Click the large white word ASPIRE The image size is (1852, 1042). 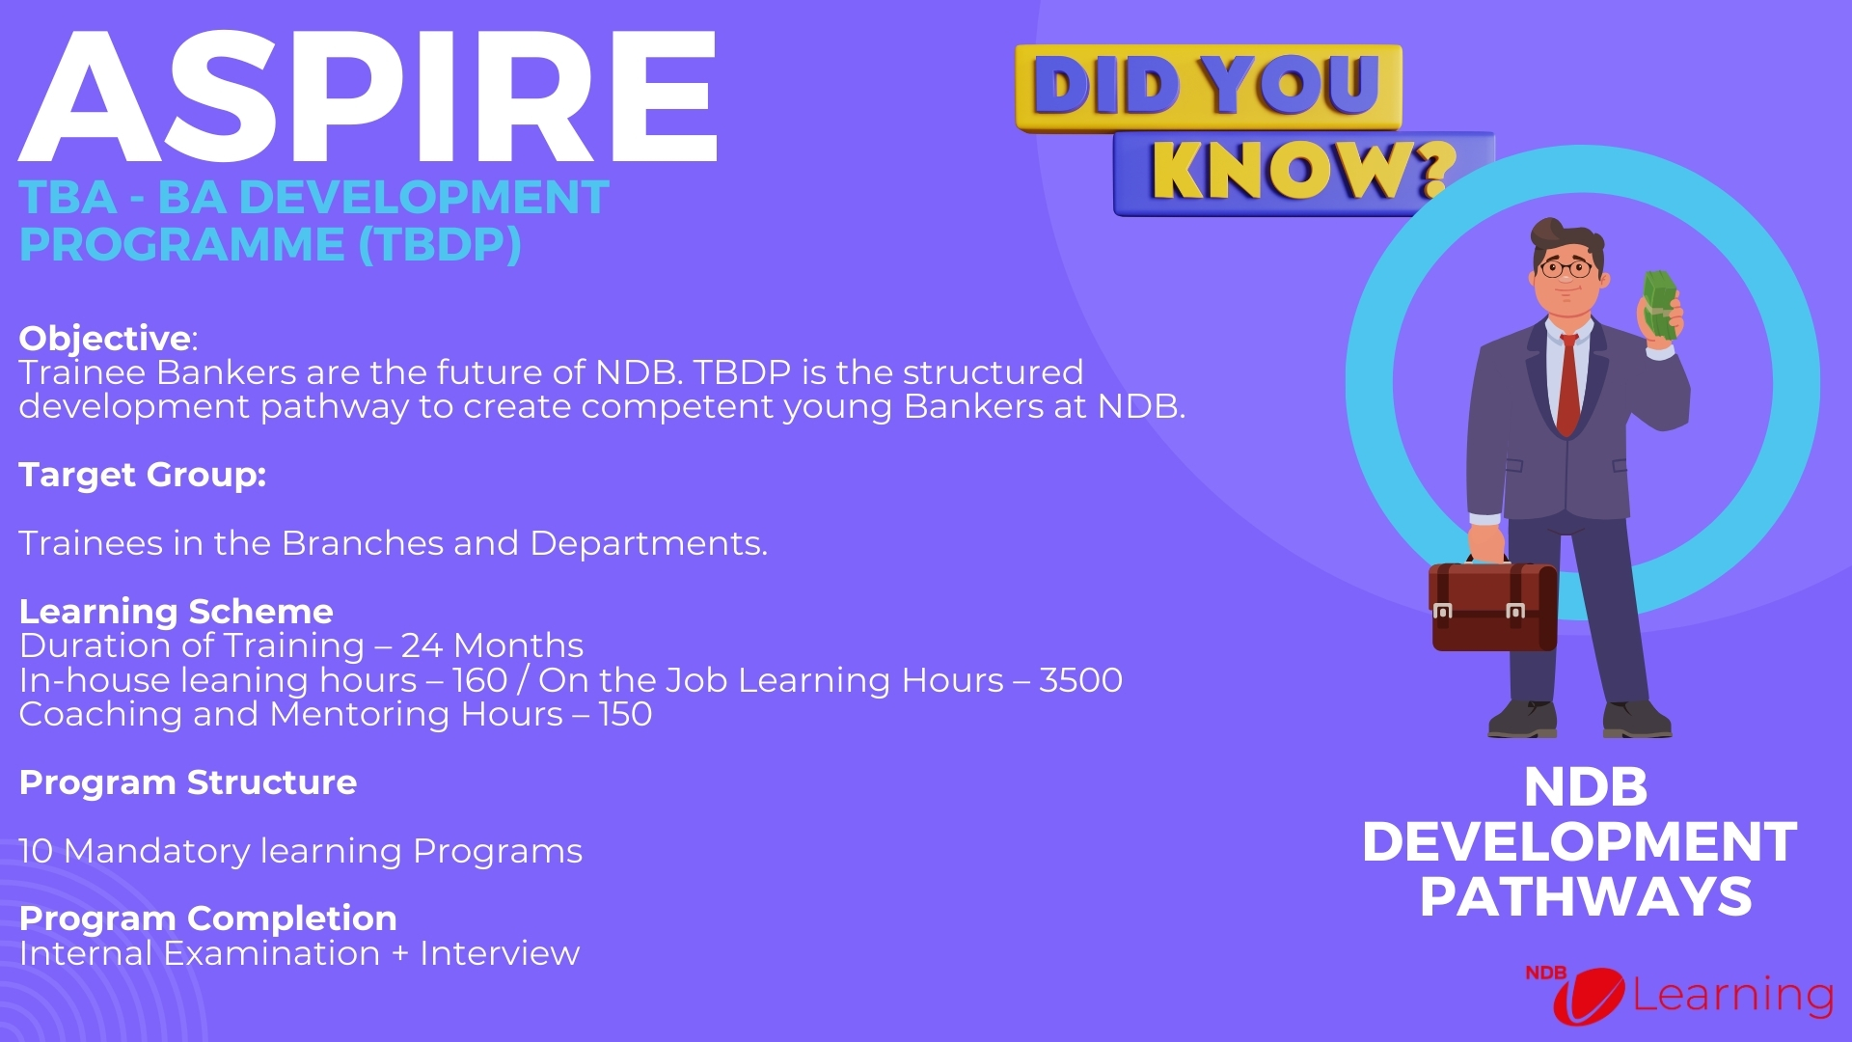click(367, 96)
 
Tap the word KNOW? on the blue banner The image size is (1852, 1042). click(1302, 172)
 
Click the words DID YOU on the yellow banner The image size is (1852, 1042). click(1206, 85)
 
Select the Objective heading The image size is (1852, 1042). click(105, 339)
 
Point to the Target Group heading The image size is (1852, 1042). click(142, 475)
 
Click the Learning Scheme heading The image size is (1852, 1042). click(176, 612)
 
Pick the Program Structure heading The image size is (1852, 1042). click(187, 782)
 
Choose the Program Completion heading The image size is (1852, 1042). click(207, 919)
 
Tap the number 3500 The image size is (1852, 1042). click(1080, 681)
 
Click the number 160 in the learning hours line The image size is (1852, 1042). click(479, 681)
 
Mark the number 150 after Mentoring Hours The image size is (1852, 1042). click(625, 715)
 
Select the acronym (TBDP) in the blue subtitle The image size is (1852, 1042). click(440, 245)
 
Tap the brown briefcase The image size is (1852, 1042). click(1492, 607)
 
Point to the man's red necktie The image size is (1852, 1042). click(1568, 386)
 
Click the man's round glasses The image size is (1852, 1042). click(1565, 268)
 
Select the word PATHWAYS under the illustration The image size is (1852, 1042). click(1585, 897)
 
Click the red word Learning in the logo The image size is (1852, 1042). click(1732, 996)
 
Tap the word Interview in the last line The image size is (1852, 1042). click(499, 954)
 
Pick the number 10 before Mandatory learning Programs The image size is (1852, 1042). click(36, 852)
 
